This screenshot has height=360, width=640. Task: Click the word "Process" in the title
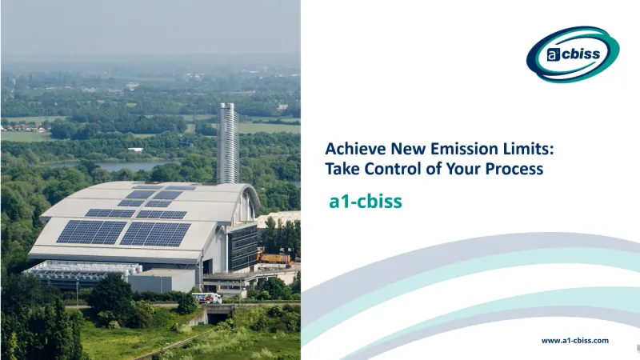click(x=516, y=169)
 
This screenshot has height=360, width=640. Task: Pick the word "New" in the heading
click(x=398, y=149)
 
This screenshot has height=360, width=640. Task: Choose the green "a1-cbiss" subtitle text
click(x=366, y=202)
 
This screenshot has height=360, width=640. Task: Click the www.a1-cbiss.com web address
click(x=574, y=340)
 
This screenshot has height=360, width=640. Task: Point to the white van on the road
click(x=206, y=298)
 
